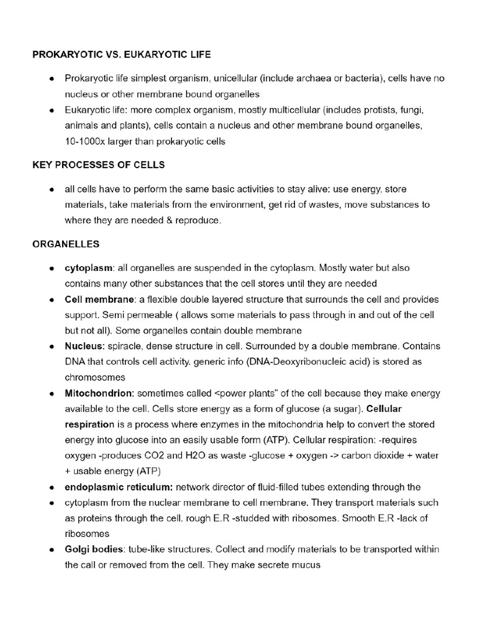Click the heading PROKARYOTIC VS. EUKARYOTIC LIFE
122,55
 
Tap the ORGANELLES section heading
66,244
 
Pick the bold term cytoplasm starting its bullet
89,268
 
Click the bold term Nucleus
83,347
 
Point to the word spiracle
123,347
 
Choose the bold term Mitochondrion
99,394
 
